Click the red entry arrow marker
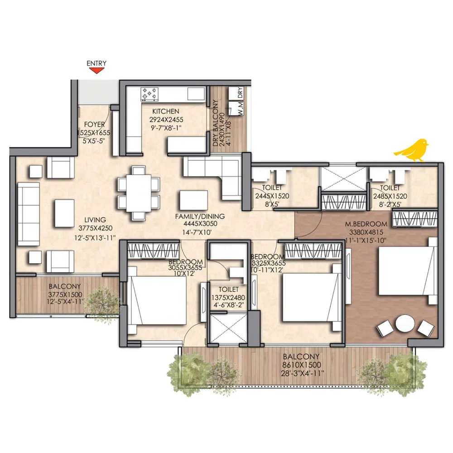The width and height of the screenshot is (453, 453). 96,71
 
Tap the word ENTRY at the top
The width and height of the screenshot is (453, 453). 96,63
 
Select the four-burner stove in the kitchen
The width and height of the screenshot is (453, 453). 149,94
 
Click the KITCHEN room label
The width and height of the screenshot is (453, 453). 165,111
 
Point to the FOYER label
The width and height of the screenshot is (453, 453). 95,125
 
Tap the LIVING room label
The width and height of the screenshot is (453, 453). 95,220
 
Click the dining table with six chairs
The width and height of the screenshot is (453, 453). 139,193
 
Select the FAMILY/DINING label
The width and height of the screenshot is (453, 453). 200,217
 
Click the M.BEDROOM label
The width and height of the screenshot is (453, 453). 366,224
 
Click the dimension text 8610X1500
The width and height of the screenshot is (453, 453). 302,365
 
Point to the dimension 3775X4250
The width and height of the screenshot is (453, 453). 95,228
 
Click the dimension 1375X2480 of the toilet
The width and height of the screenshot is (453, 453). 228,298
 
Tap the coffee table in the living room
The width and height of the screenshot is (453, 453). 64,213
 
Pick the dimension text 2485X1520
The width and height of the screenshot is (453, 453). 390,197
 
